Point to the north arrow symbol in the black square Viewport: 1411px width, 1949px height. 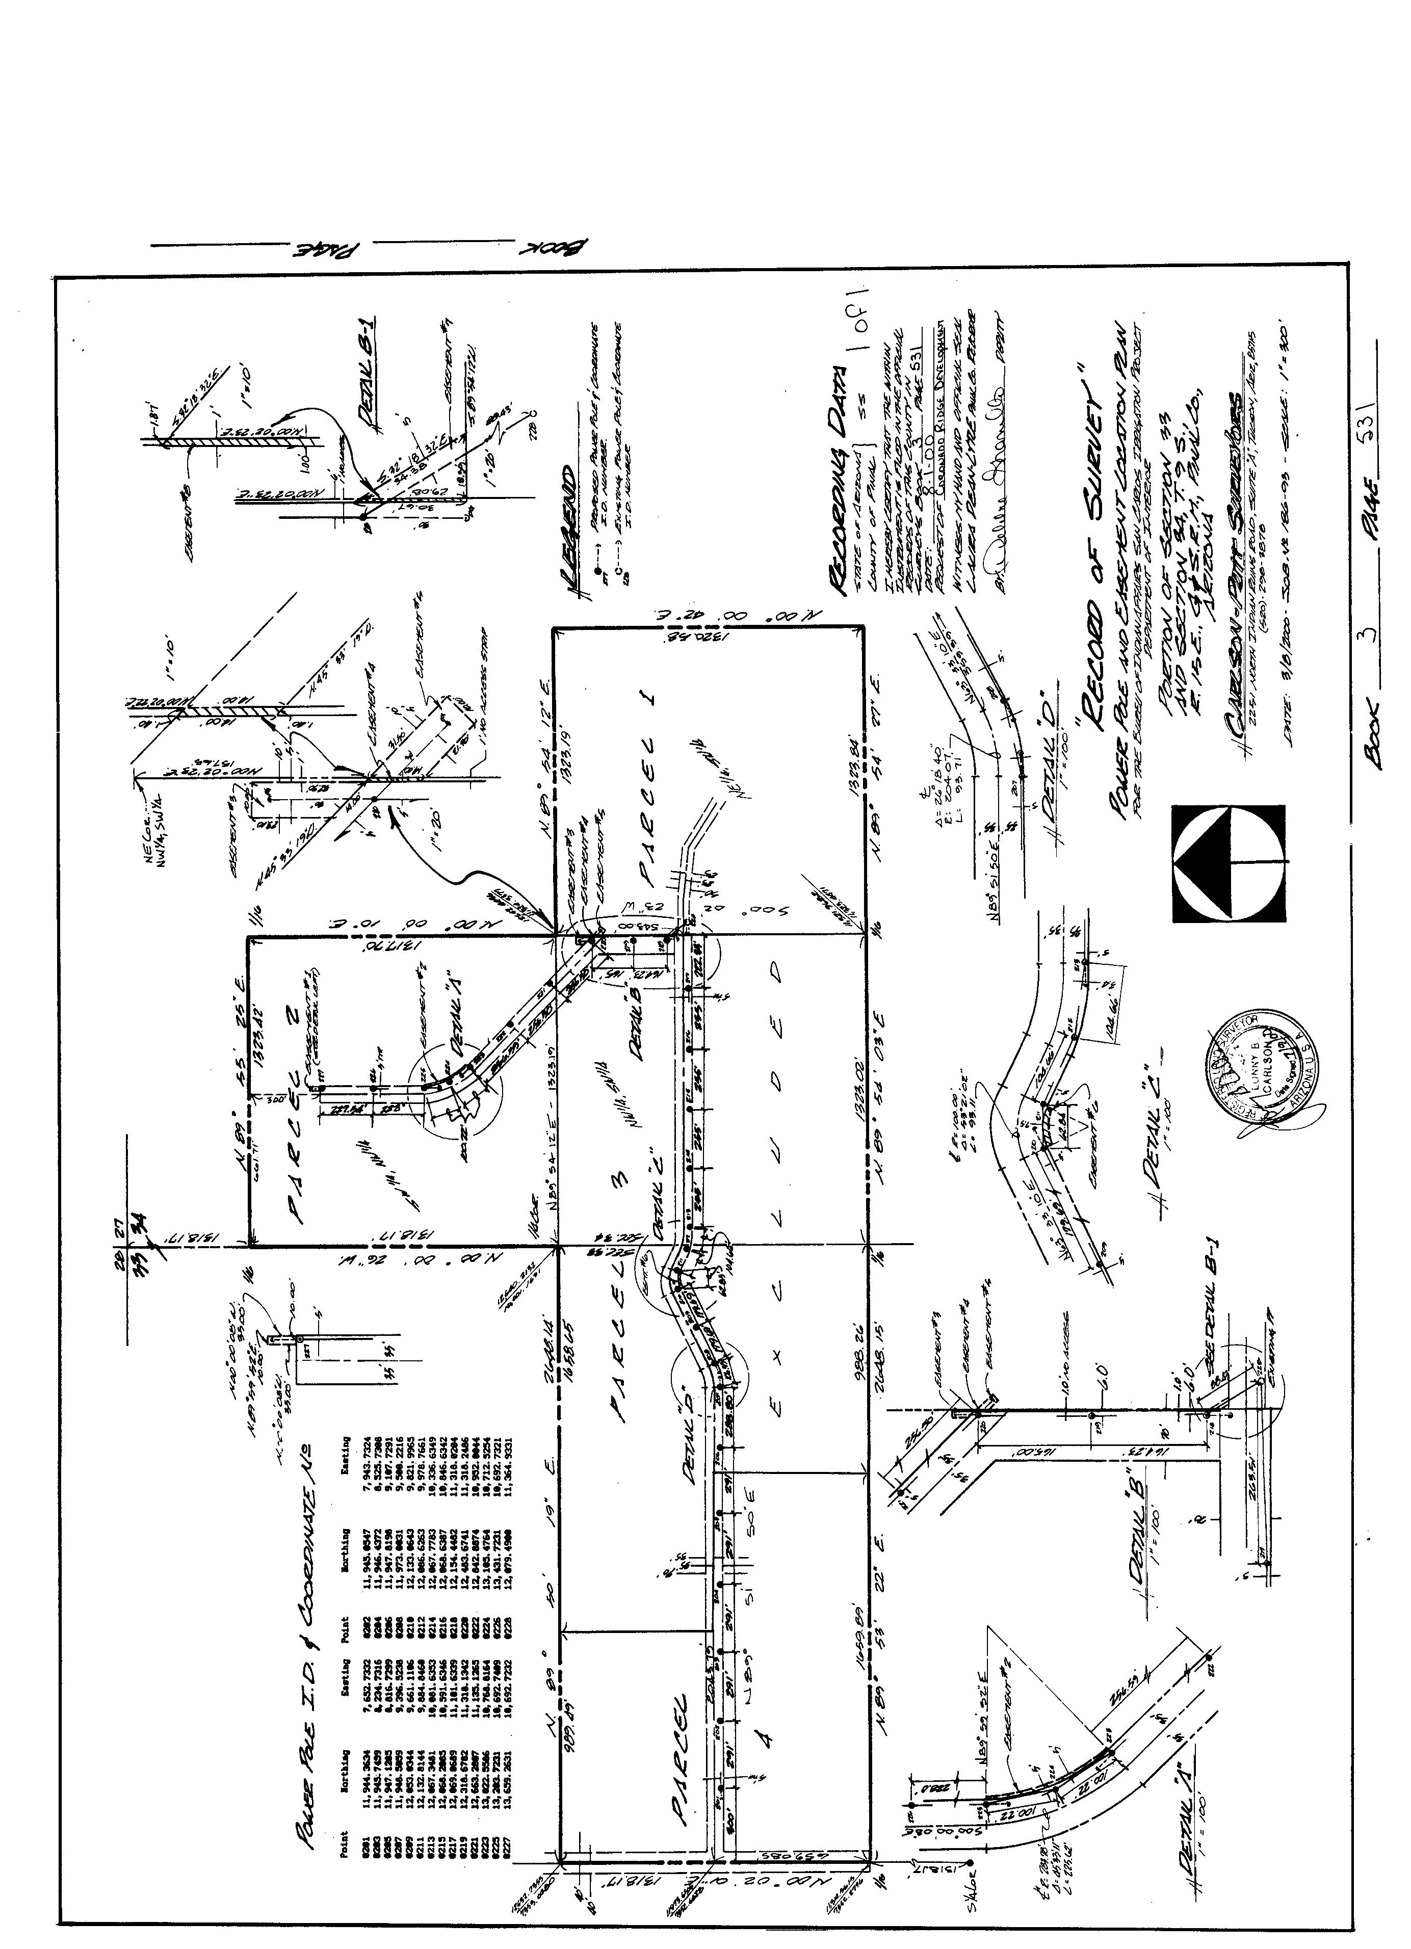[x=1230, y=863]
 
